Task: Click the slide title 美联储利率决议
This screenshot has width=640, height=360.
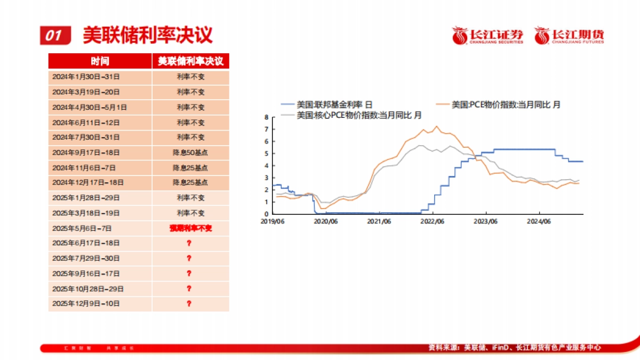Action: click(x=148, y=35)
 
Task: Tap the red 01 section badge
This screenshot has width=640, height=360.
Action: click(x=55, y=36)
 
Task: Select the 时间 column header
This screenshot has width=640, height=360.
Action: click(x=100, y=61)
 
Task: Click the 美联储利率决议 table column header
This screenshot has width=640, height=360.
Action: click(x=190, y=61)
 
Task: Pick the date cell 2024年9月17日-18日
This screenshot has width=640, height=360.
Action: click(x=86, y=153)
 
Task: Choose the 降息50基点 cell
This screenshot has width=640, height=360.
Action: click(x=190, y=153)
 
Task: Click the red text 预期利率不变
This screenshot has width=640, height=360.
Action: click(x=190, y=228)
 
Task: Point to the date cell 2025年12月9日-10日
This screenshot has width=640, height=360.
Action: click(x=86, y=303)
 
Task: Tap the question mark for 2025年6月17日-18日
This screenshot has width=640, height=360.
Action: click(x=189, y=243)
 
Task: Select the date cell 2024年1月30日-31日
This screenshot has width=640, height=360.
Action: click(x=86, y=77)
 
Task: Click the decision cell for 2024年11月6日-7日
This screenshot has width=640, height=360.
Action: click(x=190, y=167)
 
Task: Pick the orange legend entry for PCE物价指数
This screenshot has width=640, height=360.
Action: click(x=498, y=105)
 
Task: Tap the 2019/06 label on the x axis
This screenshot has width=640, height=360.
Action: click(x=273, y=221)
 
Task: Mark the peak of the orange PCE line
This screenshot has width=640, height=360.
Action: click(x=437, y=126)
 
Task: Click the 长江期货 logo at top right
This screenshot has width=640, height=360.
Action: click(x=570, y=36)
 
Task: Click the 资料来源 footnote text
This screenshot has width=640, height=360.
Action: click(x=515, y=347)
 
